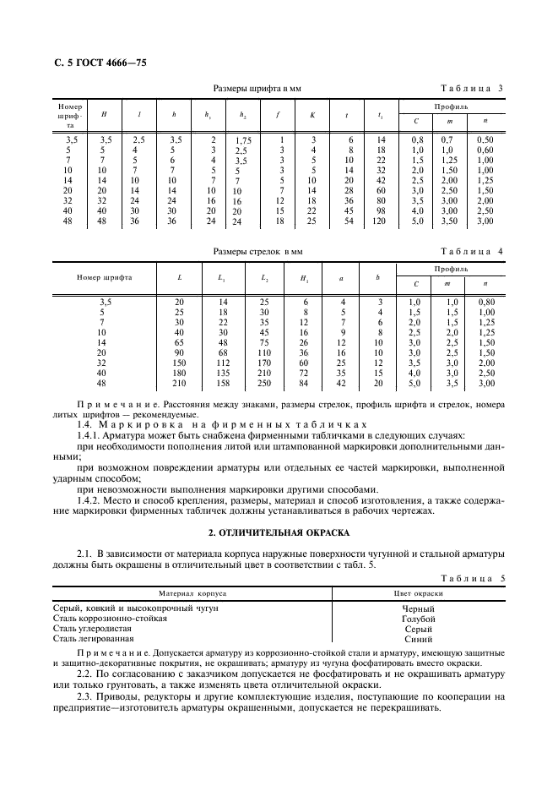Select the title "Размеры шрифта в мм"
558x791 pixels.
point(257,89)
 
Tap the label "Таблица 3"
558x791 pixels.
point(473,89)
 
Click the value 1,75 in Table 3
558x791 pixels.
point(243,140)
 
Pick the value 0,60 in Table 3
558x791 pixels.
point(484,150)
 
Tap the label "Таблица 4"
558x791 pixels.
point(473,252)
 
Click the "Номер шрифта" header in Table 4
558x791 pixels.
point(104,277)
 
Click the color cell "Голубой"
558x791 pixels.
point(419,619)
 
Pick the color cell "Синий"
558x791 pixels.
point(419,639)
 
